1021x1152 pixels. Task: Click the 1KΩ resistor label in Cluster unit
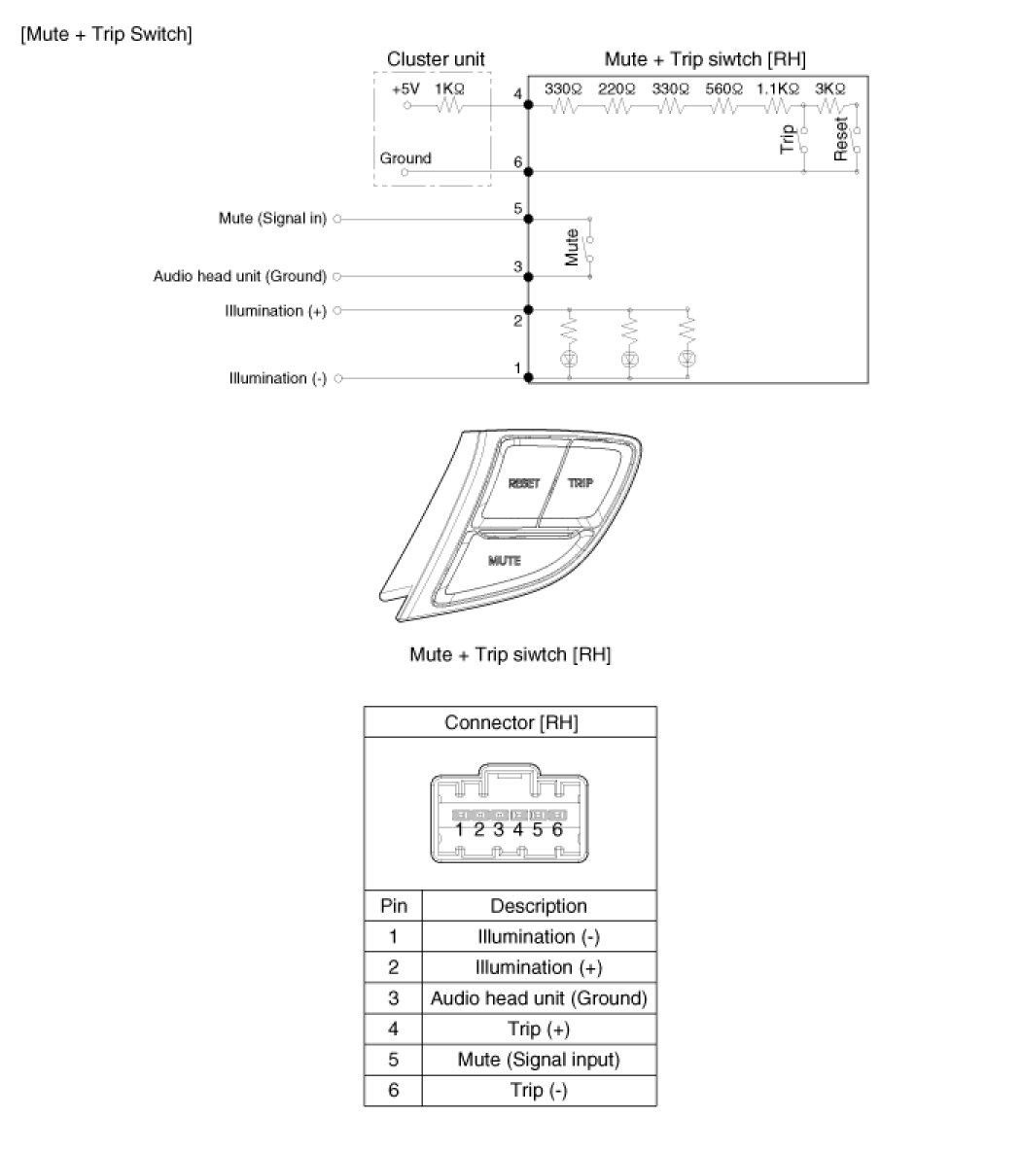(x=449, y=88)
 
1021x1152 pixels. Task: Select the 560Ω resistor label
(x=723, y=88)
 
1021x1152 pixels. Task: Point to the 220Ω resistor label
(x=616, y=88)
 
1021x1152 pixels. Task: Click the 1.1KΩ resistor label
(x=778, y=88)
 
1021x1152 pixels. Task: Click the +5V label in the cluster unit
(x=405, y=88)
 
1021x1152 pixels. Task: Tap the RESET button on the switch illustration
(x=523, y=483)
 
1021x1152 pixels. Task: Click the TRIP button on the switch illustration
(x=581, y=482)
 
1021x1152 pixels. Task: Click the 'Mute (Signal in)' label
(x=272, y=219)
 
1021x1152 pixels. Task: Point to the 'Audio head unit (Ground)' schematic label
(x=240, y=276)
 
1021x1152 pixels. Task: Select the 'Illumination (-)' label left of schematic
(x=278, y=378)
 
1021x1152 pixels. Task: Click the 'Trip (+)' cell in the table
(x=539, y=1029)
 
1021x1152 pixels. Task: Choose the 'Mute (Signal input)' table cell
(x=539, y=1060)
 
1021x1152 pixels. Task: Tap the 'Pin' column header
(x=393, y=906)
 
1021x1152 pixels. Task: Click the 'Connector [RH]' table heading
(x=511, y=722)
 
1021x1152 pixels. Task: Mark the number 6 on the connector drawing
(x=557, y=829)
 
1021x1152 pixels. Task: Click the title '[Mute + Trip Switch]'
(x=106, y=34)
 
